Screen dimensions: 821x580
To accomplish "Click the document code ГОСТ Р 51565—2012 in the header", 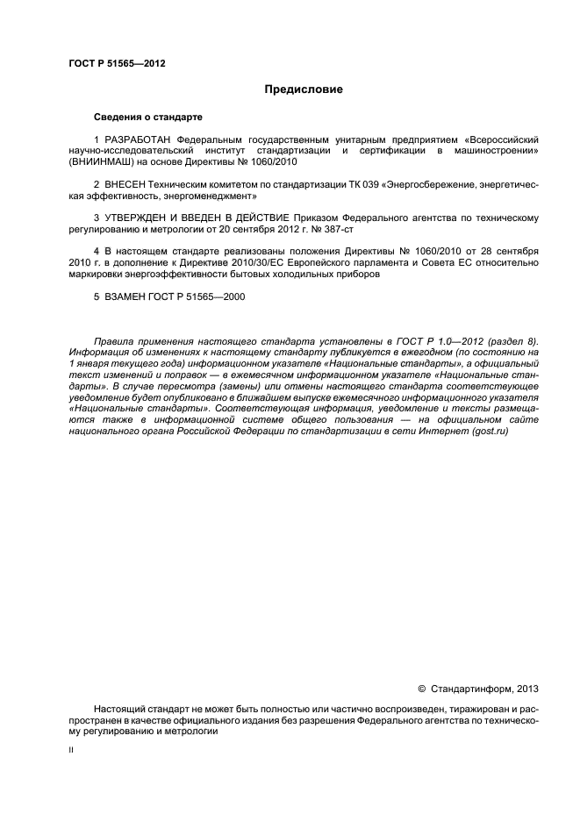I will pos(117,63).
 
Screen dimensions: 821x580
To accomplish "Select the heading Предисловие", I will pos(304,89).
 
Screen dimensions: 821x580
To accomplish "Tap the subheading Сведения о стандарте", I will pos(148,117).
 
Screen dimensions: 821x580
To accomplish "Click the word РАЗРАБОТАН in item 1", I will pos(139,140).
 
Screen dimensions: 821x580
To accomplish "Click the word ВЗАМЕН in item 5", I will pos(127,296).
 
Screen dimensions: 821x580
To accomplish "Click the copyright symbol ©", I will pos(420,689).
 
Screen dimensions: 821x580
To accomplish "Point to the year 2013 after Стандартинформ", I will pos(526,689).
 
